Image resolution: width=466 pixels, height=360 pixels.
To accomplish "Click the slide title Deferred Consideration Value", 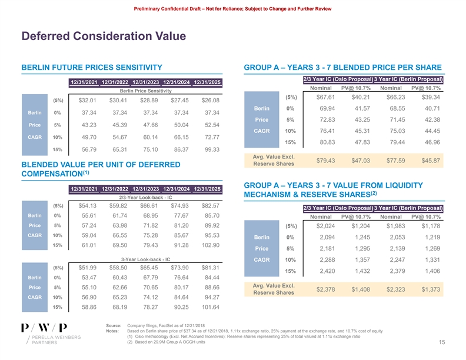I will [104, 37].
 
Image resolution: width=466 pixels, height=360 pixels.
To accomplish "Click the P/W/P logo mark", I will [44, 328].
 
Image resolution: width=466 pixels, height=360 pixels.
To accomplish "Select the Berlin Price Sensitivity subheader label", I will [145, 91].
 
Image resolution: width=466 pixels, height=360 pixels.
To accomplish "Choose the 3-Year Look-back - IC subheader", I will [145, 259].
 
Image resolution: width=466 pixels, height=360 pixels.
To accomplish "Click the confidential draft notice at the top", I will [232, 6].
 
